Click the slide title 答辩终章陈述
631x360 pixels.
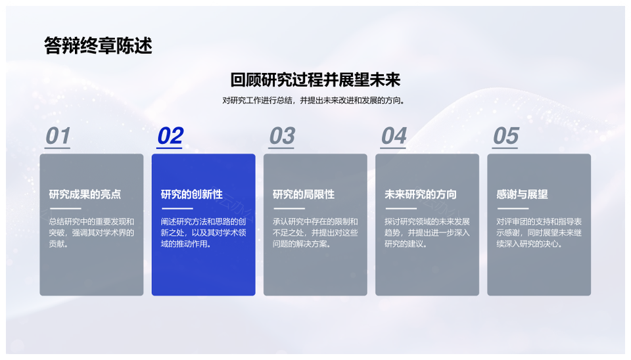[x=98, y=46]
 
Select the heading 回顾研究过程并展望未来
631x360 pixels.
[x=315, y=79]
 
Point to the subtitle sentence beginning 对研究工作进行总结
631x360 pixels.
[x=314, y=101]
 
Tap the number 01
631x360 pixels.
[x=58, y=135]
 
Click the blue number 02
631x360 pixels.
[x=170, y=135]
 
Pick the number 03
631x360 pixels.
[x=282, y=135]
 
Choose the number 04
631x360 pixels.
[x=394, y=135]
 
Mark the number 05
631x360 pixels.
[x=506, y=135]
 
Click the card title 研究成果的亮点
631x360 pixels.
[x=85, y=194]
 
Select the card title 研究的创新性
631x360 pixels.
[x=191, y=194]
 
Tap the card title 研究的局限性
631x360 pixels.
[x=304, y=194]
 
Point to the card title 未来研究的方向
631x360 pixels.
[x=421, y=194]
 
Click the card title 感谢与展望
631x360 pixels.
[x=522, y=194]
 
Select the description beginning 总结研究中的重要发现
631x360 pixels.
[x=91, y=233]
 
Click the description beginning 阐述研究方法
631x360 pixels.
[x=203, y=233]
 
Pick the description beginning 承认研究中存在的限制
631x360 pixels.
[x=315, y=233]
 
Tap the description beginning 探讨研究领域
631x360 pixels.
[x=427, y=233]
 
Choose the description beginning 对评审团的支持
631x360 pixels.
[x=539, y=233]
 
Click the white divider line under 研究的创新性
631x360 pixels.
[x=177, y=208]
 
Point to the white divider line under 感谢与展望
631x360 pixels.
[x=513, y=208]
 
